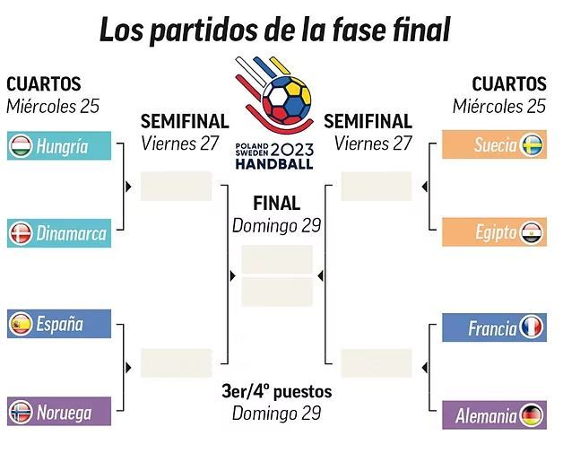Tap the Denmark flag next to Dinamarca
tap(22, 234)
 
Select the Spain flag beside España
tap(22, 325)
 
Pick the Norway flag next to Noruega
tap(22, 413)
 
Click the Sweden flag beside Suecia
tap(533, 145)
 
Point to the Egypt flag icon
tap(533, 232)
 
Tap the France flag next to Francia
tap(532, 328)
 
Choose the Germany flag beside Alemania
tap(532, 415)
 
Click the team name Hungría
tap(62, 146)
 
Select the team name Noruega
tap(64, 413)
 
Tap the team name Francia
tap(492, 328)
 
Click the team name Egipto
tap(496, 232)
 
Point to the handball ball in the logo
tap(282, 100)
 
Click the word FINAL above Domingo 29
tap(276, 203)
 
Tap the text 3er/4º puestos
tap(276, 391)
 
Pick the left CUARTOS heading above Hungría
tap(44, 84)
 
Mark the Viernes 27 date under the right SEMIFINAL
tap(373, 143)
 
